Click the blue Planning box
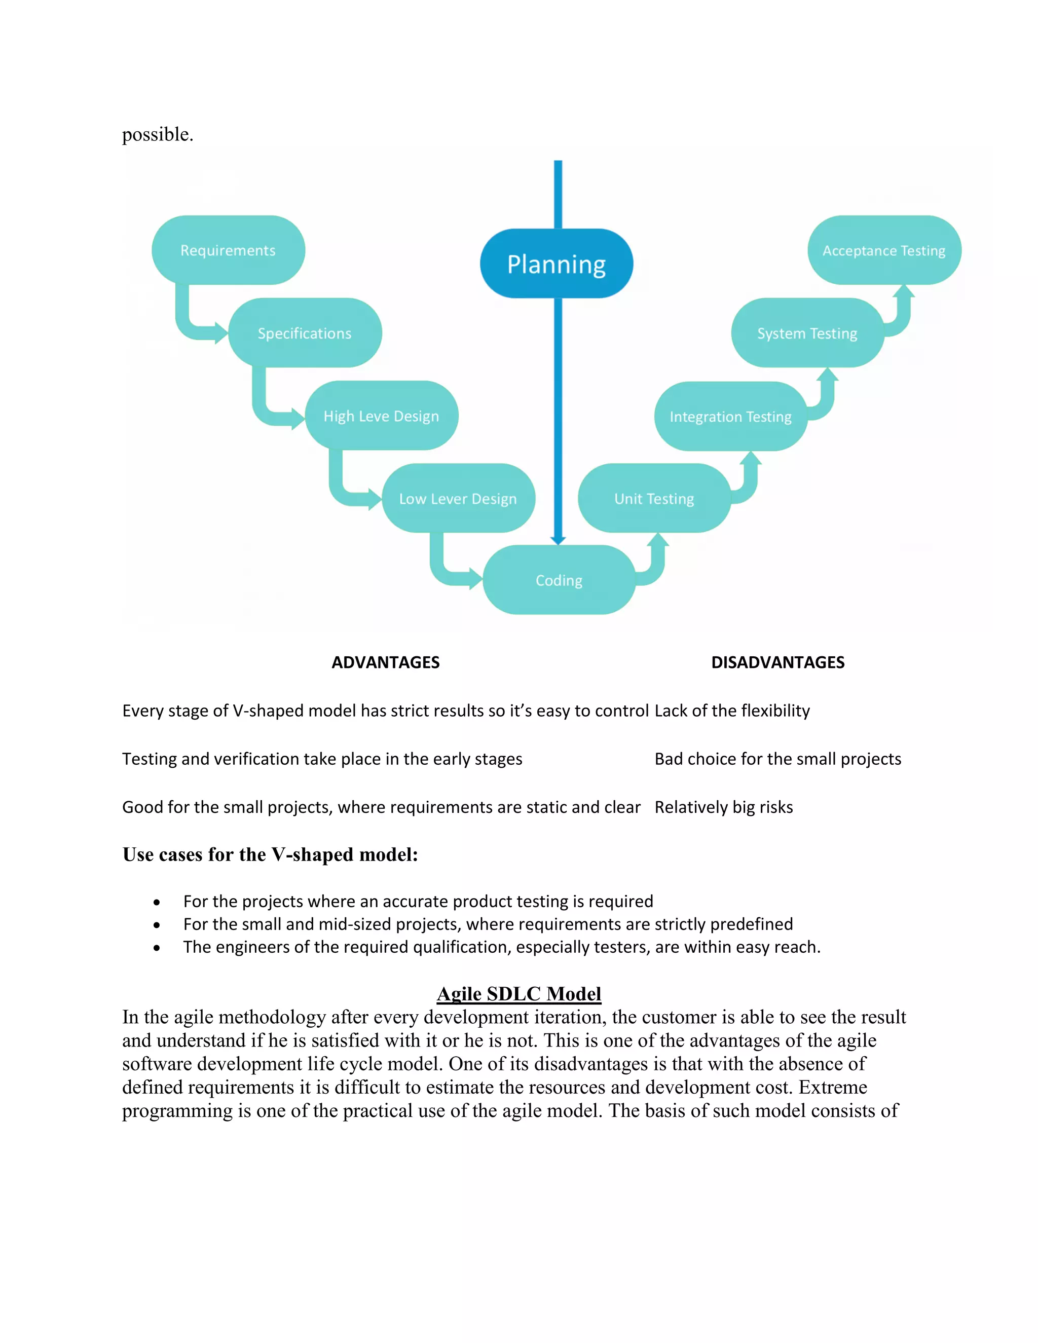point(556,264)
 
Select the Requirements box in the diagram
point(228,250)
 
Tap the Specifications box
point(305,333)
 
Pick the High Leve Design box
point(381,416)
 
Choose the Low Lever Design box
point(458,499)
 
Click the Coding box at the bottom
point(559,580)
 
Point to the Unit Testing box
point(654,499)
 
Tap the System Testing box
point(807,333)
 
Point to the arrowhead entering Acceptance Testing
point(903,290)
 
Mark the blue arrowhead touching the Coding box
point(558,540)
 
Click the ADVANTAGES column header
point(386,662)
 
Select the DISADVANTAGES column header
point(778,662)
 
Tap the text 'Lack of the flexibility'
point(732,711)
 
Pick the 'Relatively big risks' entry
point(724,807)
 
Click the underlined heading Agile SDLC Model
point(519,994)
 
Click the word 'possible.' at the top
point(158,134)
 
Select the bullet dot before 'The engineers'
point(157,948)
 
